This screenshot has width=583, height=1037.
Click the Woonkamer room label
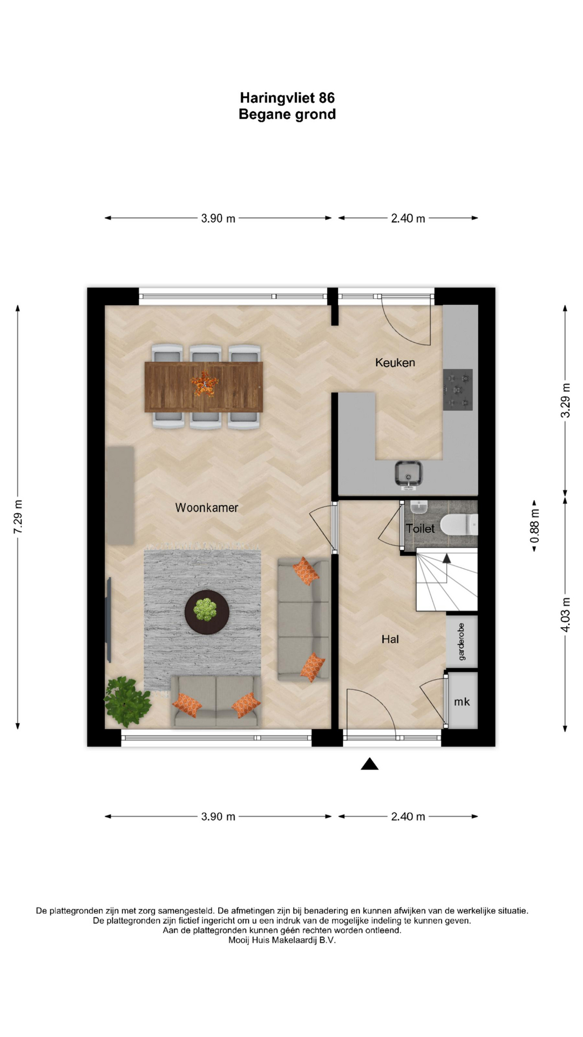click(x=206, y=508)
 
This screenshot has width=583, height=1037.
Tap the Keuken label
click(x=395, y=362)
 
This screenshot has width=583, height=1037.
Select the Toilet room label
click(x=420, y=528)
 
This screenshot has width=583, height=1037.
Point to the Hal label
click(x=390, y=639)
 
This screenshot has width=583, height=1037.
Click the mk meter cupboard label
click(x=462, y=702)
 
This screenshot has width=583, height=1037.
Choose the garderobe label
click(x=461, y=641)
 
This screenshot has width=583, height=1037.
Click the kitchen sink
click(x=408, y=474)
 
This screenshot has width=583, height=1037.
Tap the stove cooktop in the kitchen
click(x=458, y=389)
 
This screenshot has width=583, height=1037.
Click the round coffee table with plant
click(x=207, y=612)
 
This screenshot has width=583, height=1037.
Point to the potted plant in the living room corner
click(x=127, y=701)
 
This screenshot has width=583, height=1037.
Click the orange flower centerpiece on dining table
click(x=204, y=385)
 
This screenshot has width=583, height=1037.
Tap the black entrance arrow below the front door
click(x=369, y=764)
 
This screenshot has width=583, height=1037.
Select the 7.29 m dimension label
click(x=18, y=517)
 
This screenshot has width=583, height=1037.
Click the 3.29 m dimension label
click(x=565, y=400)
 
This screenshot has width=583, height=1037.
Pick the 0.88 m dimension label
click(x=534, y=526)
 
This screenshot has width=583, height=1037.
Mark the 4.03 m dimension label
click(x=565, y=614)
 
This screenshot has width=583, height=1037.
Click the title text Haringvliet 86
click(x=287, y=98)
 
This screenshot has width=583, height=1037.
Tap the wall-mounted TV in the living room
click(x=109, y=619)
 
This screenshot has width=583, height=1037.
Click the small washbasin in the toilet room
click(x=419, y=507)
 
